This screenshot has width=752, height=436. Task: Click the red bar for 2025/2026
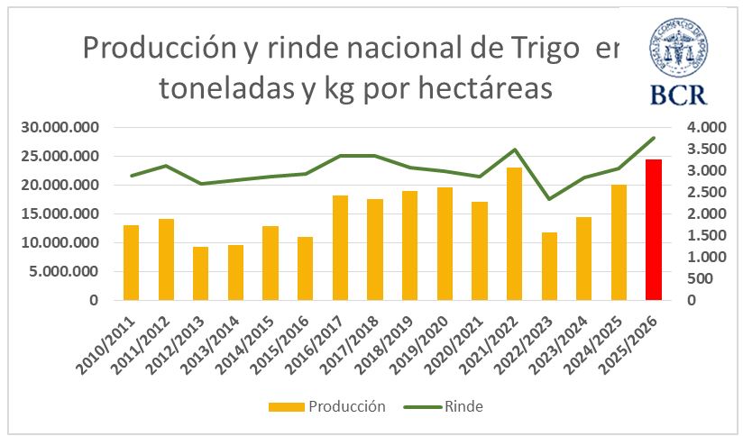point(654,230)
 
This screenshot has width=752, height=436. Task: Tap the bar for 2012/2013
point(200,273)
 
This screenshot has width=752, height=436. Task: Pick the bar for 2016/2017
point(340,248)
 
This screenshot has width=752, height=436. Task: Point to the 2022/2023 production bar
point(549,266)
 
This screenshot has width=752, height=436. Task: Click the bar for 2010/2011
point(131,262)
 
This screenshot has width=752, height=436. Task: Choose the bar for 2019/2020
point(445,243)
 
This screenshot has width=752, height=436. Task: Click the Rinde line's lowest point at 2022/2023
point(549,199)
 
